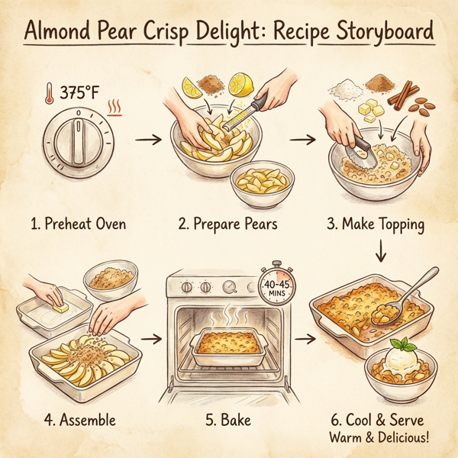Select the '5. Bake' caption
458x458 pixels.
[229, 419]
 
